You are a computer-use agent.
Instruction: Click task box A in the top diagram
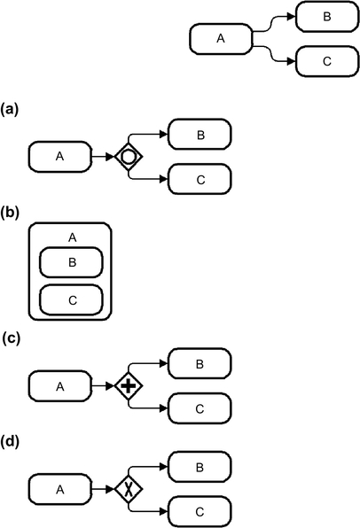click(221, 39)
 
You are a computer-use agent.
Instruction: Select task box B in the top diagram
click(327, 17)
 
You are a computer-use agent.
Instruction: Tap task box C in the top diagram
click(327, 62)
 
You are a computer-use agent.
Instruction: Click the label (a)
click(10, 110)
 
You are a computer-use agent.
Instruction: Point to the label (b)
click(10, 213)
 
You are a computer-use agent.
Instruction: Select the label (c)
click(12, 338)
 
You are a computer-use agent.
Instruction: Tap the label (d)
click(10, 441)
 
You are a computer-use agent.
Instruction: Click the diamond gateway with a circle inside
click(129, 157)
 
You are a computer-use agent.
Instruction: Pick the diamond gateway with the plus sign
click(129, 386)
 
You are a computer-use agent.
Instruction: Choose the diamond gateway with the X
click(129, 489)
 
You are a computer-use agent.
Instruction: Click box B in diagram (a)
click(200, 135)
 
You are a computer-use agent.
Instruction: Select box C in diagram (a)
click(200, 179)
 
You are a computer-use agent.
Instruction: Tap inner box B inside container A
click(71, 262)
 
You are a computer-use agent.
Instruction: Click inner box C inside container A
click(71, 300)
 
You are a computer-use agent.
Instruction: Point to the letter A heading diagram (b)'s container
click(73, 237)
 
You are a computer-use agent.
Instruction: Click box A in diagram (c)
click(60, 386)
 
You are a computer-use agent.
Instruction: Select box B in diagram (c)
click(200, 364)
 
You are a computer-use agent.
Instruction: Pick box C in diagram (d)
click(200, 512)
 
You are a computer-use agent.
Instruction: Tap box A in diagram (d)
click(60, 489)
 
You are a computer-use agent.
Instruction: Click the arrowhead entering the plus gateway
click(110, 386)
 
